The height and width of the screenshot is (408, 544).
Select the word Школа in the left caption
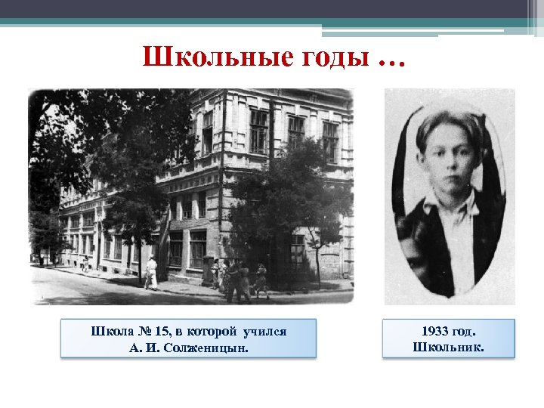click(x=110, y=332)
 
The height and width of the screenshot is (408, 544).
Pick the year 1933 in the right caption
click(x=437, y=332)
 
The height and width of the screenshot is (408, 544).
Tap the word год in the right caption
click(x=468, y=332)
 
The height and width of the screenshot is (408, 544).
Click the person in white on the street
click(x=151, y=272)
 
